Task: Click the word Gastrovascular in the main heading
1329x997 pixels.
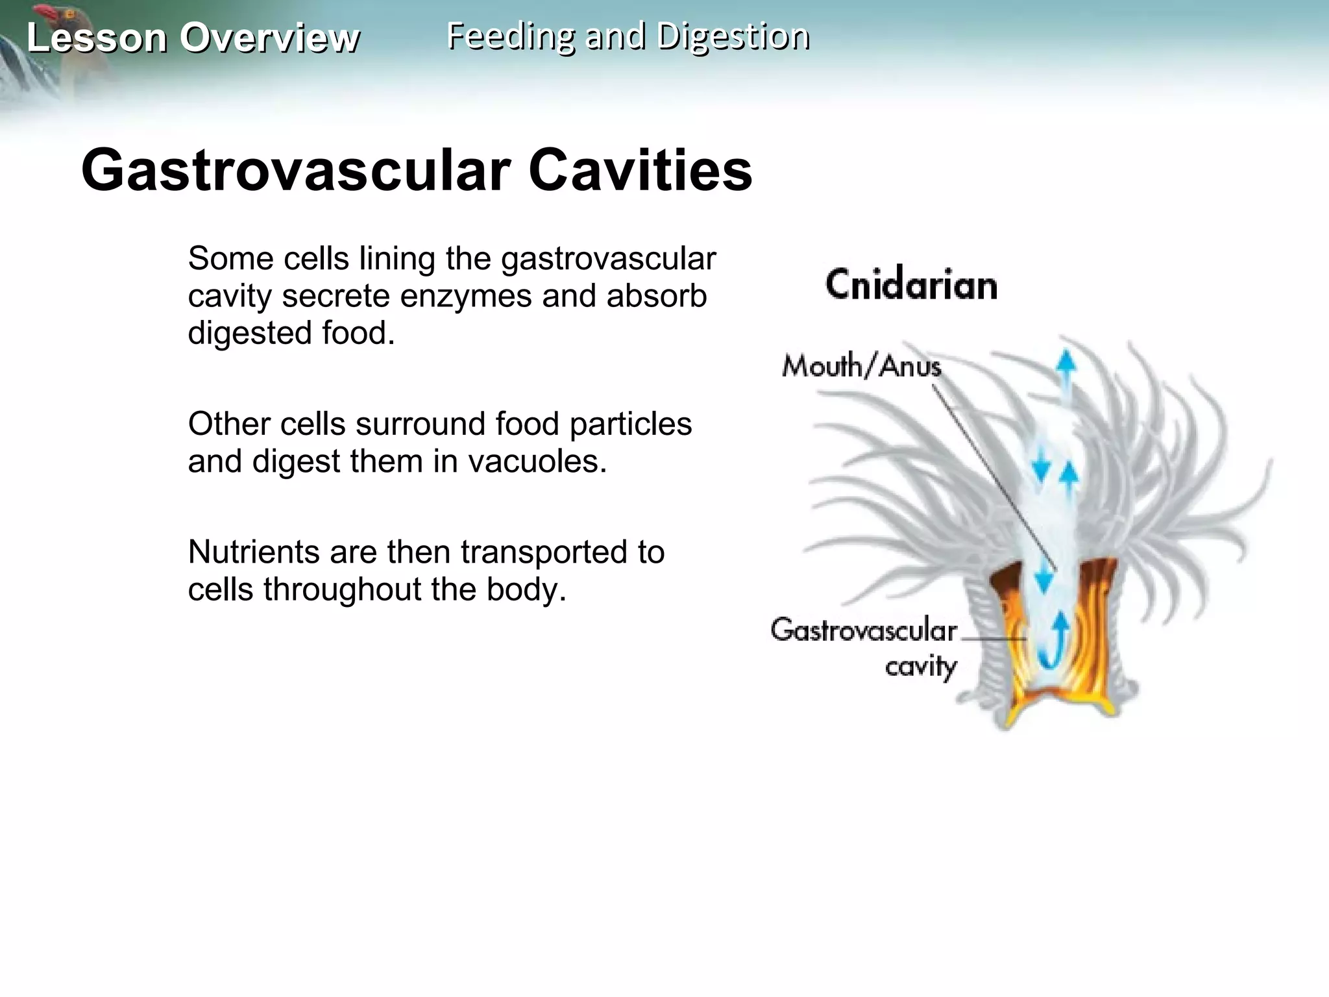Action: point(296,171)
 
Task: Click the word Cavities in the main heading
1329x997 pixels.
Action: point(640,171)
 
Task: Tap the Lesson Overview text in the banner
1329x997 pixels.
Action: point(193,38)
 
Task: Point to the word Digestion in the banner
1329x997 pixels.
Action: point(733,36)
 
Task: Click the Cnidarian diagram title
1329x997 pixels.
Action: point(911,285)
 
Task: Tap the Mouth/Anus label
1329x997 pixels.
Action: point(861,367)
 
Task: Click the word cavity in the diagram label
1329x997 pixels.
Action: point(921,667)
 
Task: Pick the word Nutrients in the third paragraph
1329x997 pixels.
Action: point(253,552)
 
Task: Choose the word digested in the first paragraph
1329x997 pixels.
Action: point(250,334)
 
